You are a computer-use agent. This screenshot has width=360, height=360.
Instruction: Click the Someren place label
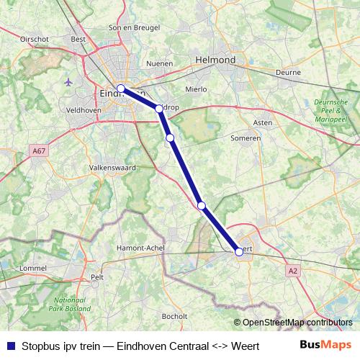(x=244, y=138)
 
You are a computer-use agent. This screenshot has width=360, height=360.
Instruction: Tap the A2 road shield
(x=292, y=271)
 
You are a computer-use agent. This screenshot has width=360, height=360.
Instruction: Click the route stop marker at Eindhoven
(x=121, y=89)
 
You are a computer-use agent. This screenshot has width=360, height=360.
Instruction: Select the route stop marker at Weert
(x=239, y=251)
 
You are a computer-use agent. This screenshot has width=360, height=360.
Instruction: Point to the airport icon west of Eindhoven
(x=68, y=81)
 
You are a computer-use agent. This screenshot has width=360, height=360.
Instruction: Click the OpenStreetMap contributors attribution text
(x=297, y=323)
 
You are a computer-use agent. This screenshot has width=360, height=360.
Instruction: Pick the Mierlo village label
(x=197, y=89)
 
